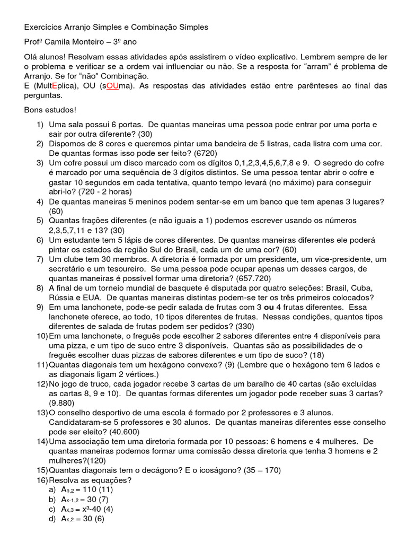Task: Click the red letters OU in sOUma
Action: pyautogui.click(x=112, y=86)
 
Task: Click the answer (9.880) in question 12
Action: pyautogui.click(x=65, y=402)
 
